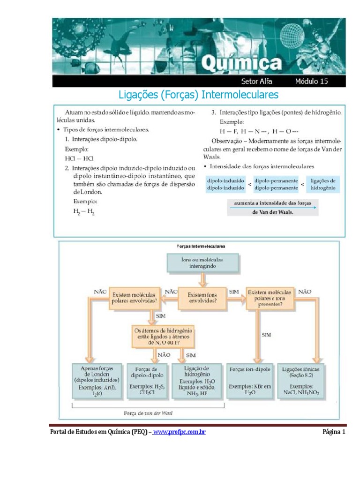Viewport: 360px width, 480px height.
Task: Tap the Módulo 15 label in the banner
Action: click(311, 81)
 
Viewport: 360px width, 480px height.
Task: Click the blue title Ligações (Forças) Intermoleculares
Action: click(199, 95)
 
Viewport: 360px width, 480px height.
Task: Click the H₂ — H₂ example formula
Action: click(84, 211)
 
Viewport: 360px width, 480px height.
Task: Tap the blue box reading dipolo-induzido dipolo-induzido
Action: click(225, 184)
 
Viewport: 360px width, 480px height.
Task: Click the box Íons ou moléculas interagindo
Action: click(202, 262)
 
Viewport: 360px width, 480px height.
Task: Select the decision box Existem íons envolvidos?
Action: click(202, 296)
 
